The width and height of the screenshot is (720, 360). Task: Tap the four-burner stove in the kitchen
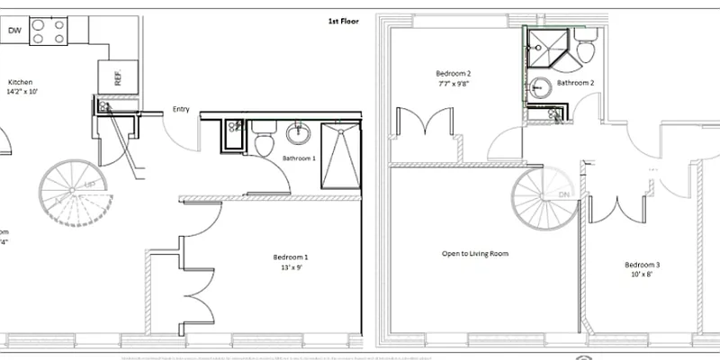click(49, 32)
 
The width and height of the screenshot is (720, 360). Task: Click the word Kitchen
click(21, 81)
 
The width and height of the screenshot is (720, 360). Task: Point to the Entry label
click(181, 110)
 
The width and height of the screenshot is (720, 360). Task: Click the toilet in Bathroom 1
click(265, 143)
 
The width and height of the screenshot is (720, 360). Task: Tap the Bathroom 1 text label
click(299, 158)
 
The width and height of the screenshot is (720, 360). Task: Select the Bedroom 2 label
click(454, 74)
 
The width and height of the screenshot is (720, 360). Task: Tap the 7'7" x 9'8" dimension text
click(454, 84)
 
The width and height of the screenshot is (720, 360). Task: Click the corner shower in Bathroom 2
click(544, 45)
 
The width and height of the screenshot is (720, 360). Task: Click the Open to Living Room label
click(474, 254)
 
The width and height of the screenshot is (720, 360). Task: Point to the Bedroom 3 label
click(643, 265)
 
